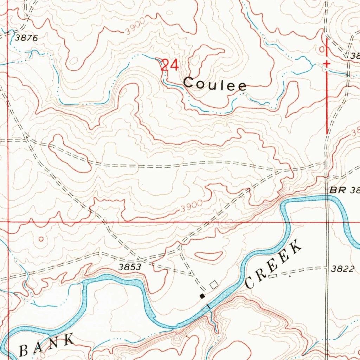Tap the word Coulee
(x=215, y=84)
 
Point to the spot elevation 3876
(x=26, y=38)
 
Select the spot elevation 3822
(x=342, y=269)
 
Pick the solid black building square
(x=202, y=296)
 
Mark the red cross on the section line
(x=327, y=64)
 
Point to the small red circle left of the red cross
(x=321, y=50)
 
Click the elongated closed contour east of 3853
(x=208, y=256)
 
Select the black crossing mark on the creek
(x=208, y=307)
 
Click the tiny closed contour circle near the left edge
(x=41, y=239)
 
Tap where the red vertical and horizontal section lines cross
(x=8, y=222)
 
